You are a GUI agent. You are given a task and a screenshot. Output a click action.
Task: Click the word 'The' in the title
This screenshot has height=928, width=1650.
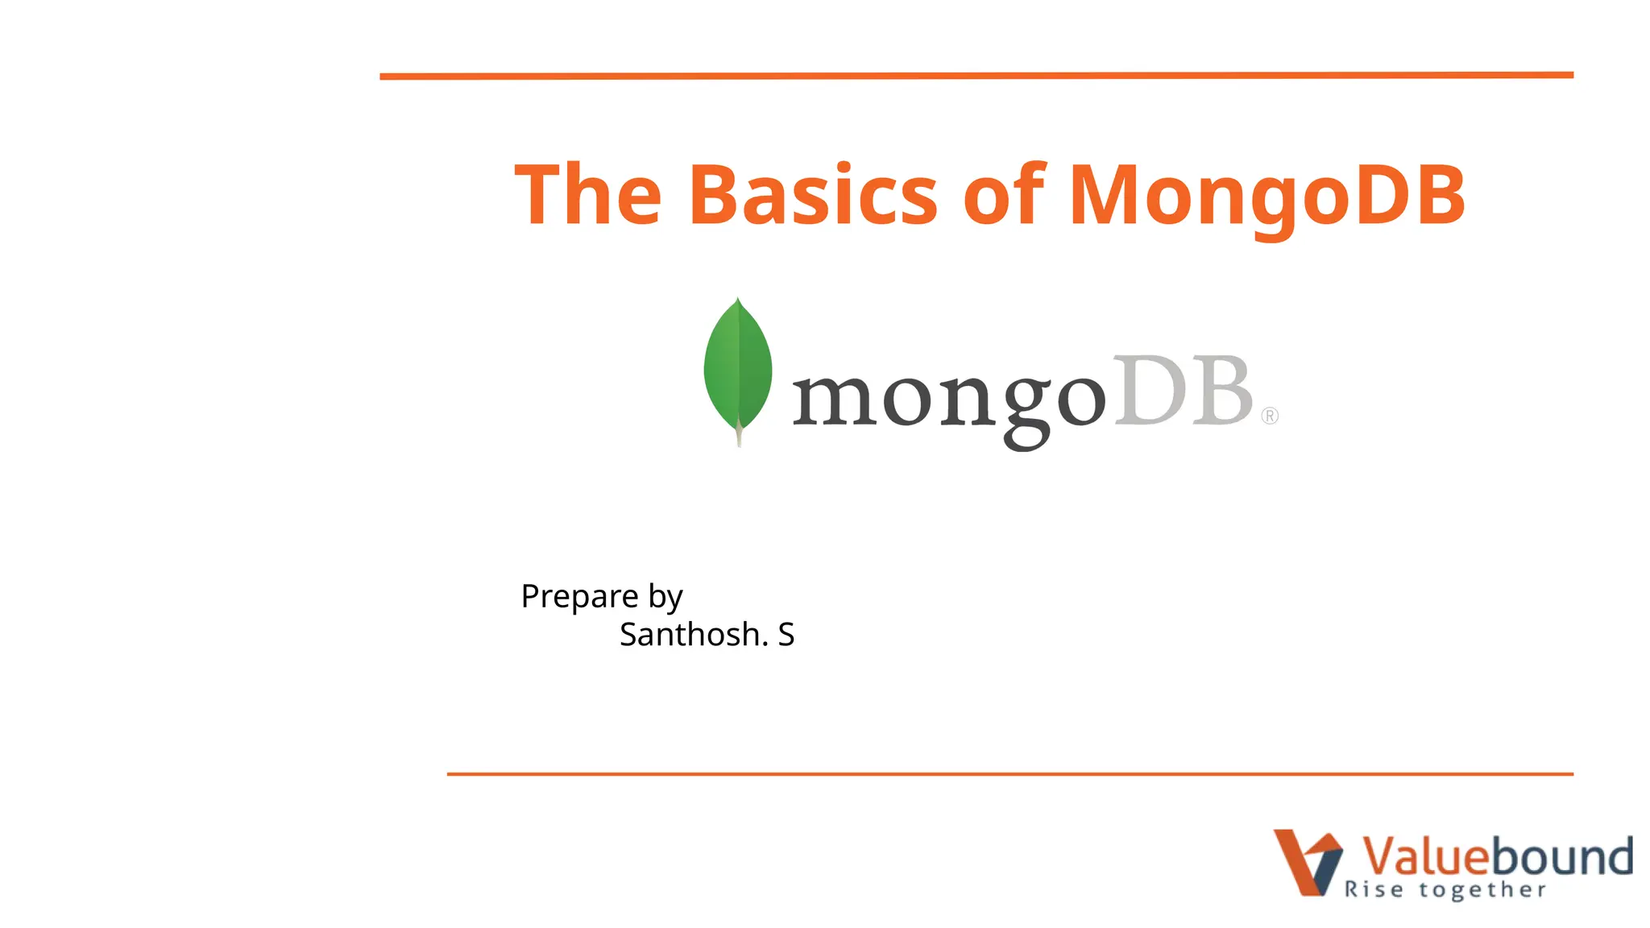(587, 195)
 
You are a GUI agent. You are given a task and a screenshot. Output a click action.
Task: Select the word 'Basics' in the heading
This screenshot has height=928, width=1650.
(813, 195)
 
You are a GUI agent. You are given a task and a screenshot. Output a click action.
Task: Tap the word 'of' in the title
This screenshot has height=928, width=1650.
(1004, 195)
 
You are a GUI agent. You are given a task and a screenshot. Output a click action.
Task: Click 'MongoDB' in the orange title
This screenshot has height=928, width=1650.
(1267, 195)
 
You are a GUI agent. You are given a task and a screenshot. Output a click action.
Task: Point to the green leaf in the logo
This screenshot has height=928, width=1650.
(737, 367)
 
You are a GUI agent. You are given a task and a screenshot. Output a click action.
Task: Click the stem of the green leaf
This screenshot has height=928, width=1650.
(739, 436)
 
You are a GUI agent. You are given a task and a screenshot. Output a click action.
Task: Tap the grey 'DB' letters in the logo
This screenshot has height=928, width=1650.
(1182, 391)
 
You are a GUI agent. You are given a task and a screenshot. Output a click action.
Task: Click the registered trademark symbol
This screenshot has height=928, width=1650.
(1270, 416)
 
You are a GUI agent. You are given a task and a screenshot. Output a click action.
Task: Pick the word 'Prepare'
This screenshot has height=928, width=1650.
(579, 597)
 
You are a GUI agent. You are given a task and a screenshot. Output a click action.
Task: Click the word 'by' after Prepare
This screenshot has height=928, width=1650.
(665, 597)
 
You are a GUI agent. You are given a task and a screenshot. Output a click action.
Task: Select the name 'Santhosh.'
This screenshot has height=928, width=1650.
(694, 635)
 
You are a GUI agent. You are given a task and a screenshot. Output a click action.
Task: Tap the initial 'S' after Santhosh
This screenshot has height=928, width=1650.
(786, 635)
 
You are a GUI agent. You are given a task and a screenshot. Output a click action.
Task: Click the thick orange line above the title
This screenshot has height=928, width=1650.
(976, 76)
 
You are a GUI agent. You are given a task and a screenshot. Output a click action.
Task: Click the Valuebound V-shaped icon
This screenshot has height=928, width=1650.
(1307, 862)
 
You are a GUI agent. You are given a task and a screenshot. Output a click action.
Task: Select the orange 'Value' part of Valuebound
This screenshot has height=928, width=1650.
(1422, 855)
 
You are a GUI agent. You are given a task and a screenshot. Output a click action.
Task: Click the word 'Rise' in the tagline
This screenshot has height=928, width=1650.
(1374, 890)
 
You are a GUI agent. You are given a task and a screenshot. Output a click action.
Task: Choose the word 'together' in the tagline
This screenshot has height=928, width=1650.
(1482, 890)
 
